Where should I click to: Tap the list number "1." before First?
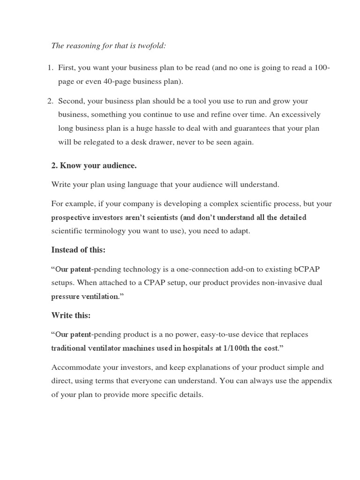[51, 68]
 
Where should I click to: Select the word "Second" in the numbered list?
[71, 101]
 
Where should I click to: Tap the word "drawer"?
[190, 142]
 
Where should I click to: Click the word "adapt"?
[240, 231]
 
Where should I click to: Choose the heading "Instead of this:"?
[78, 250]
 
